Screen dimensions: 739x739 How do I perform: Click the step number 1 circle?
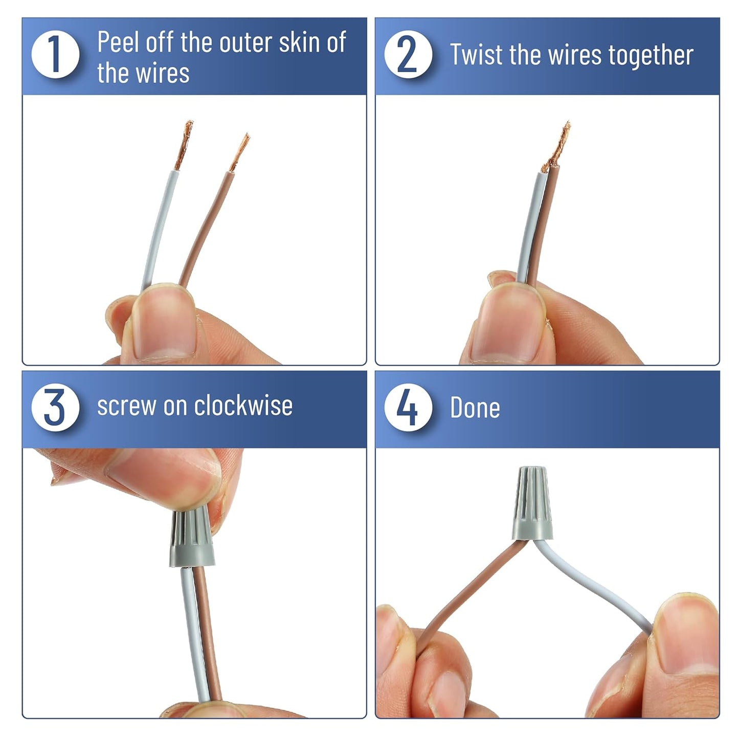coord(55,54)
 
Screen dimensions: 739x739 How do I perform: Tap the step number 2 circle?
coord(408,54)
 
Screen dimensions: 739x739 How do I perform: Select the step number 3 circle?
coord(55,407)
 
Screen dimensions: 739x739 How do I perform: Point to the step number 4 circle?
coord(408,407)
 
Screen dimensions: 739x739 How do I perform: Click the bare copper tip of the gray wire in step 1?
coord(184,145)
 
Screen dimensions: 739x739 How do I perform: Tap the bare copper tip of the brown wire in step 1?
coord(240,152)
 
